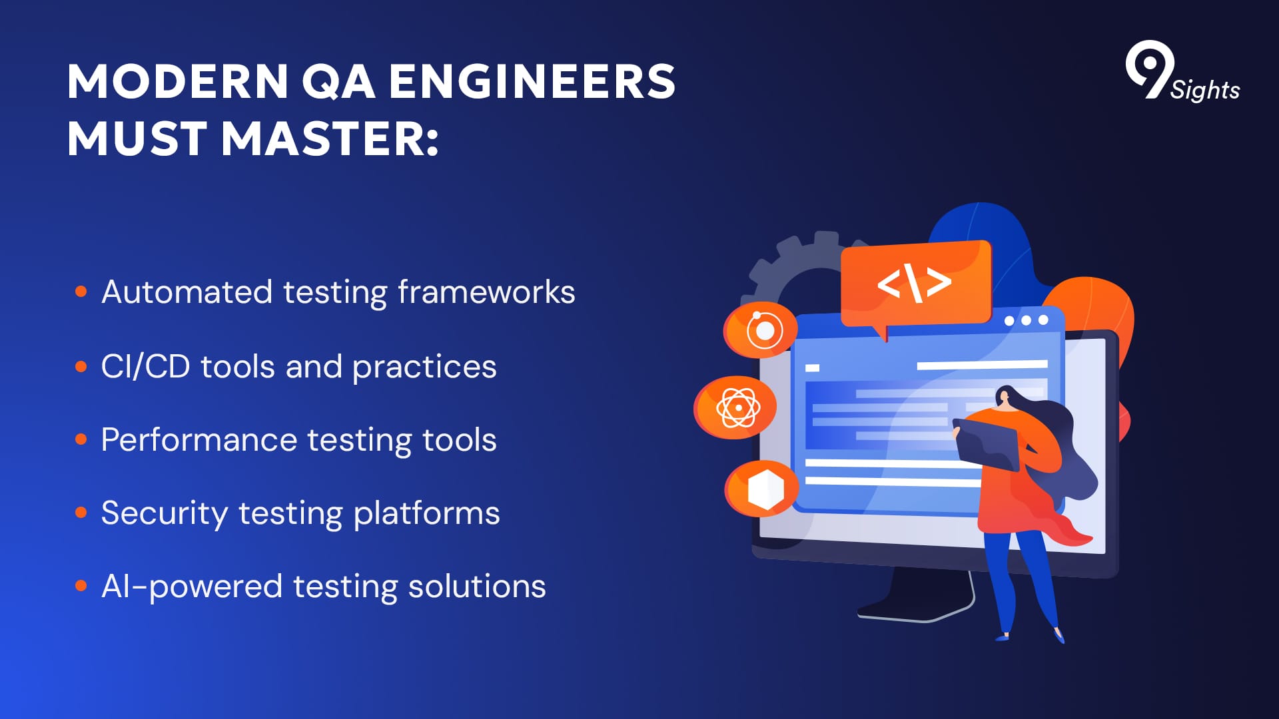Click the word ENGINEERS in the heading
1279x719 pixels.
pyautogui.click(x=532, y=82)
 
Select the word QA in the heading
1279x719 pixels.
pyautogui.click(x=338, y=83)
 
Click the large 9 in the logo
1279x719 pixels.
pyautogui.click(x=1148, y=69)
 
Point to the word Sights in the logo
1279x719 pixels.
pyautogui.click(x=1205, y=89)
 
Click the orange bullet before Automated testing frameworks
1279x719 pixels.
pyautogui.click(x=81, y=292)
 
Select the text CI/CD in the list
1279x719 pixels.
pyautogui.click(x=145, y=366)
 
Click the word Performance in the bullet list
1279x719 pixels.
pyautogui.click(x=199, y=439)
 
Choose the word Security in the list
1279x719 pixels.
pyautogui.click(x=165, y=514)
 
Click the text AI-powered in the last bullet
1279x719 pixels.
pyautogui.click(x=192, y=587)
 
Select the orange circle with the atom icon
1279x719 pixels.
pyautogui.click(x=735, y=407)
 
